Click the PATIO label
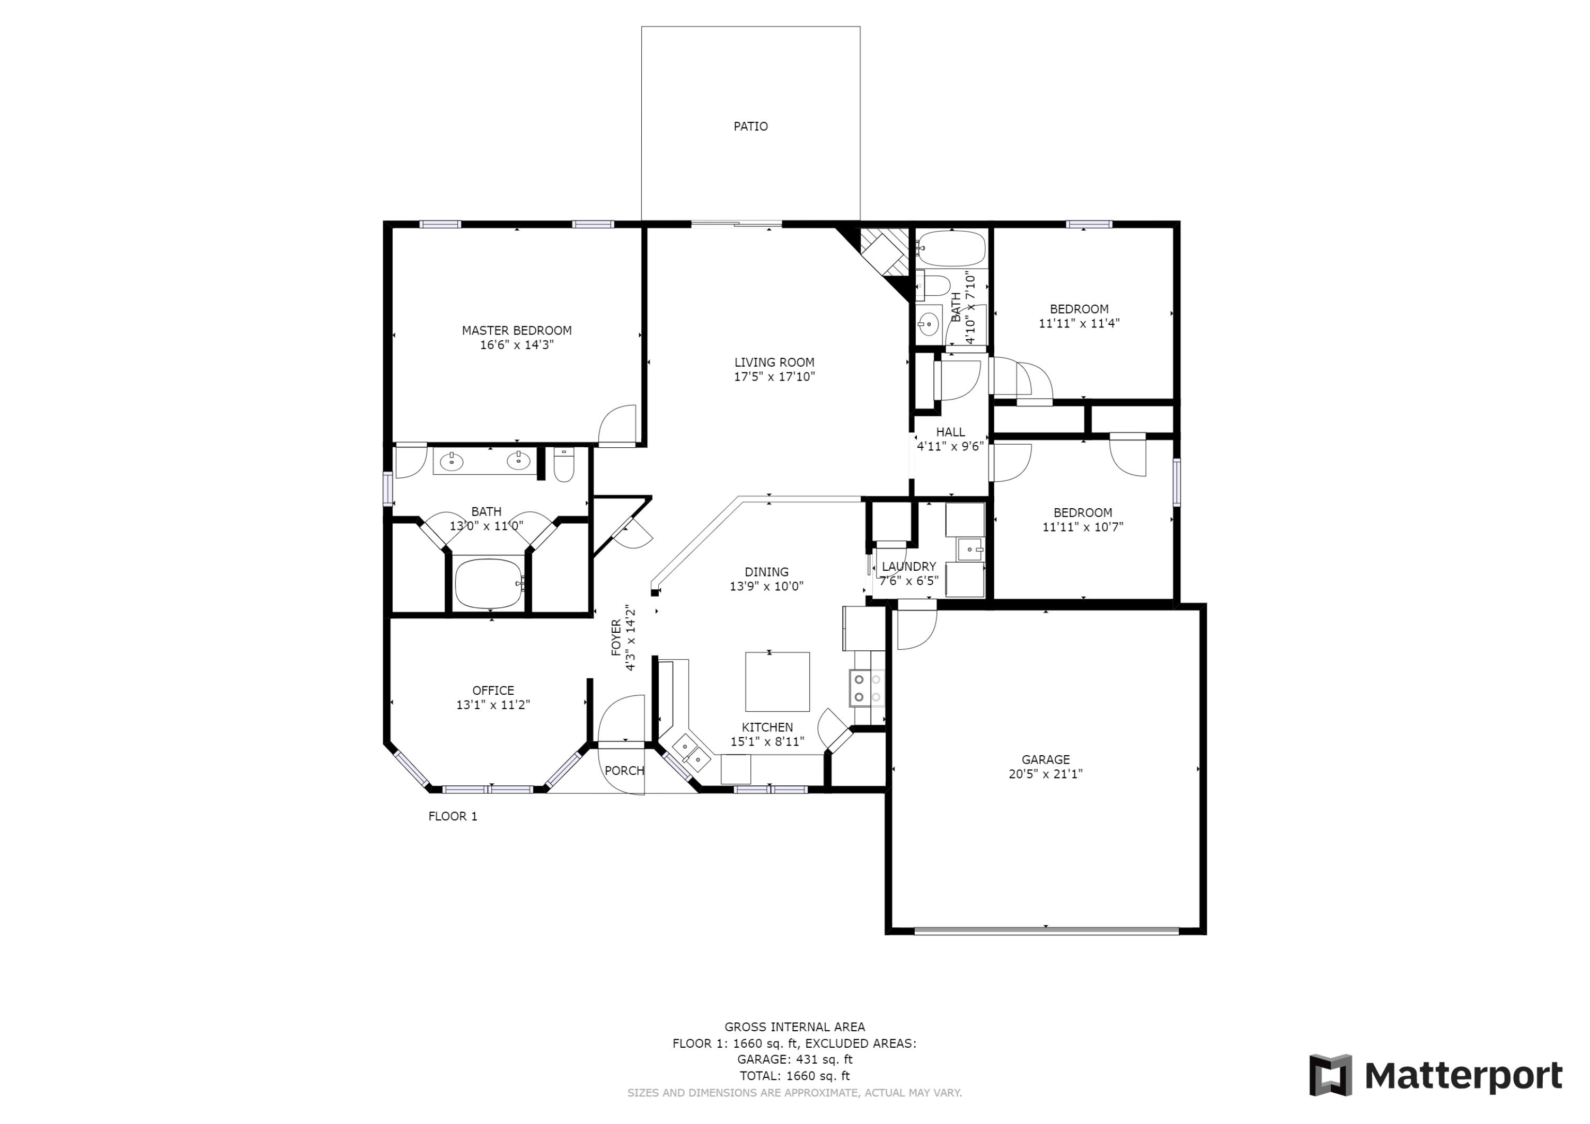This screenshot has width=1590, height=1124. pos(750,126)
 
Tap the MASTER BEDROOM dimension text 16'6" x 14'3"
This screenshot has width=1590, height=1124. pos(517,345)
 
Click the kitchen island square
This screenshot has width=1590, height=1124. pos(777,682)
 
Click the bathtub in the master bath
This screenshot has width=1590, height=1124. pos(489,583)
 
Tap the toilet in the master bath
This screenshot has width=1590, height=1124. pos(564,465)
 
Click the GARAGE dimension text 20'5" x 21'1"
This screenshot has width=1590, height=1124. pos(1045,774)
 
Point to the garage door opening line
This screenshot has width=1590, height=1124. pos(1046,931)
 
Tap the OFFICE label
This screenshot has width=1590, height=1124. pos(493,691)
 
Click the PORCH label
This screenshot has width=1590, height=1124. pos(624,771)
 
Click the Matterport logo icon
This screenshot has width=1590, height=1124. pos(1330,1076)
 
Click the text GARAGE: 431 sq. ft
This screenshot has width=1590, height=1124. pos(794,1059)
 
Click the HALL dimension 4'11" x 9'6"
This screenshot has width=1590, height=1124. pos(950,447)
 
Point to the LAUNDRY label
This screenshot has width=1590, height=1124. pos(908,567)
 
